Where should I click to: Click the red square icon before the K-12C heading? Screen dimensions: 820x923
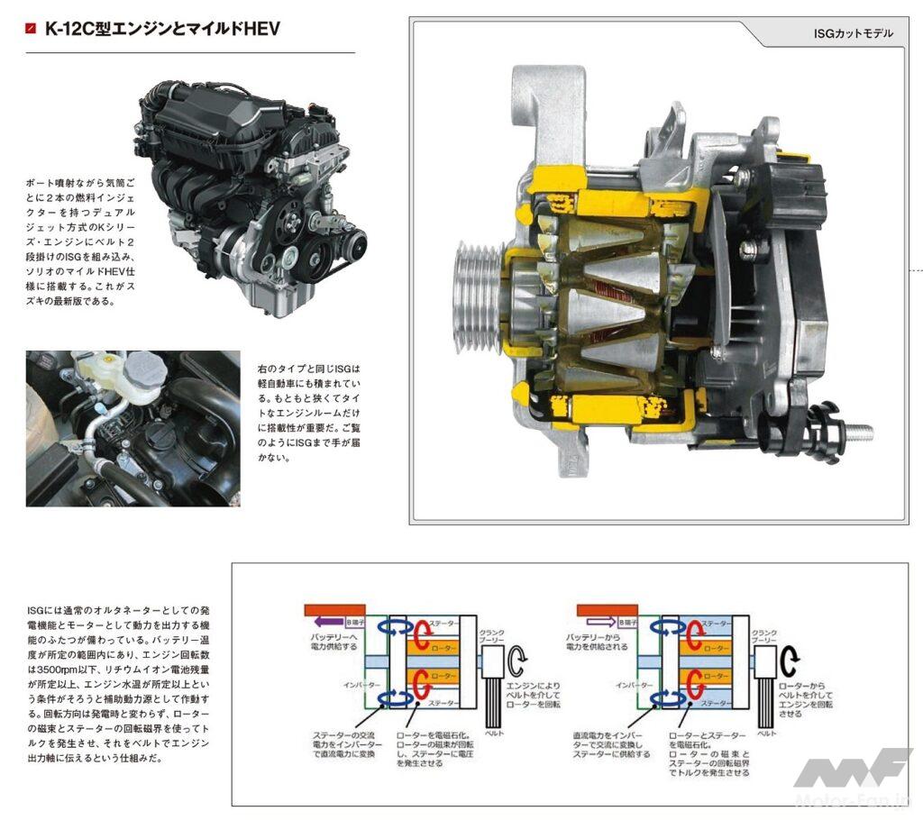[x=32, y=29]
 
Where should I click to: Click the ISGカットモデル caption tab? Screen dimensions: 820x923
[x=852, y=33]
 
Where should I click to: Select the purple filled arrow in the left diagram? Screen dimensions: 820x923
[x=325, y=622]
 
